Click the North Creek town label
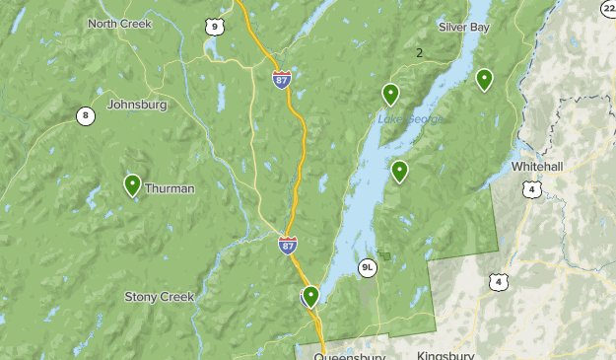119,24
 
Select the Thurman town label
170,187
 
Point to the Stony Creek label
161,296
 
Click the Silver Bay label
463,27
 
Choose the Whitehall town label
536,167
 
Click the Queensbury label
348,355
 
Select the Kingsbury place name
445,355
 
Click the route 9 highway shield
214,28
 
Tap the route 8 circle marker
86,116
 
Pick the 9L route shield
368,266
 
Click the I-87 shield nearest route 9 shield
283,78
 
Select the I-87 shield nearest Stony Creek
287,244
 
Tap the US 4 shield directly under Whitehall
531,188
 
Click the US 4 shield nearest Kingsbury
499,282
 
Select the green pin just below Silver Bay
484,79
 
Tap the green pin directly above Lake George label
391,94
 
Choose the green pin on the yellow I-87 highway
310,295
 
